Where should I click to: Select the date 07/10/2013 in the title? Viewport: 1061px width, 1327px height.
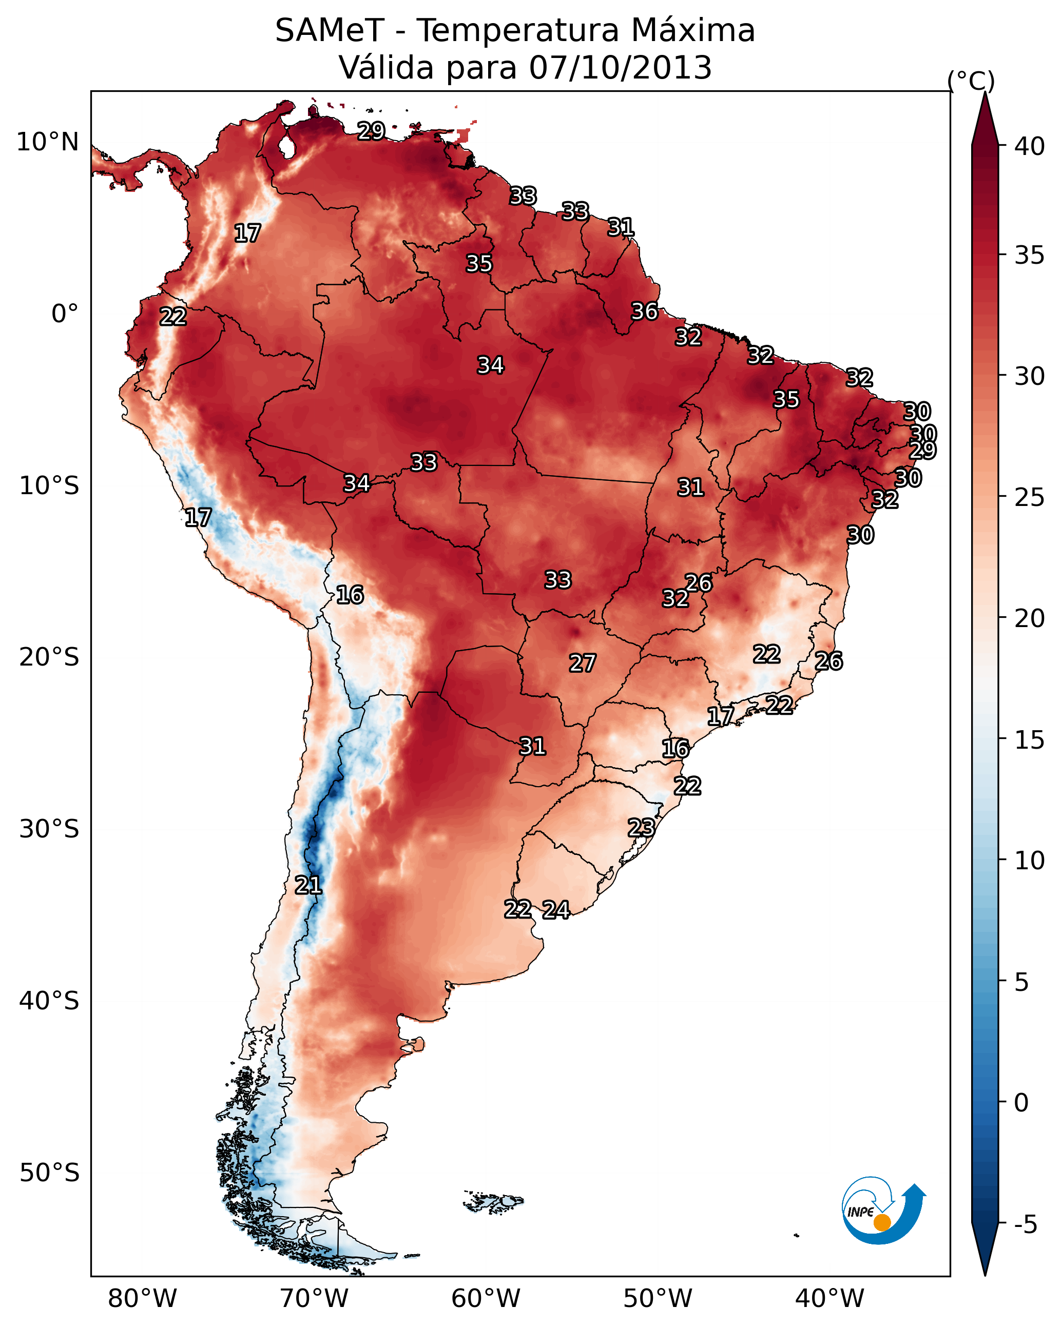[x=620, y=68]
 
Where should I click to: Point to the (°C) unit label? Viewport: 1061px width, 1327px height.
[x=971, y=81]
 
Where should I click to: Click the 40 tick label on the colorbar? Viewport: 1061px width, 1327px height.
[x=1030, y=146]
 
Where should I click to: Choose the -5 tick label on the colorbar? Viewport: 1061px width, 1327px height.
[x=1025, y=1225]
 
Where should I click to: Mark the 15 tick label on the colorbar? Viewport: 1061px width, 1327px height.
[x=1030, y=740]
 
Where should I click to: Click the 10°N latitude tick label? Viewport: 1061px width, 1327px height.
[x=47, y=142]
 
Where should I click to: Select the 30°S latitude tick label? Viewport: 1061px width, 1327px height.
[x=49, y=829]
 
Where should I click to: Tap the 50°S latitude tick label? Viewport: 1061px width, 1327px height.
[x=49, y=1173]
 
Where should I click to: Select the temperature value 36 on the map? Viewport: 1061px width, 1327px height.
[x=645, y=311]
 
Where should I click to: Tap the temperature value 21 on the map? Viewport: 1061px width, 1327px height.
[x=308, y=885]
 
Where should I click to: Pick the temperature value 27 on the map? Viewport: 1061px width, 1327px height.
[x=582, y=663]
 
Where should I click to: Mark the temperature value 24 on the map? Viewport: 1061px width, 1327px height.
[x=556, y=910]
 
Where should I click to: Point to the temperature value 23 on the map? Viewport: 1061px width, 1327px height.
[x=641, y=827]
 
